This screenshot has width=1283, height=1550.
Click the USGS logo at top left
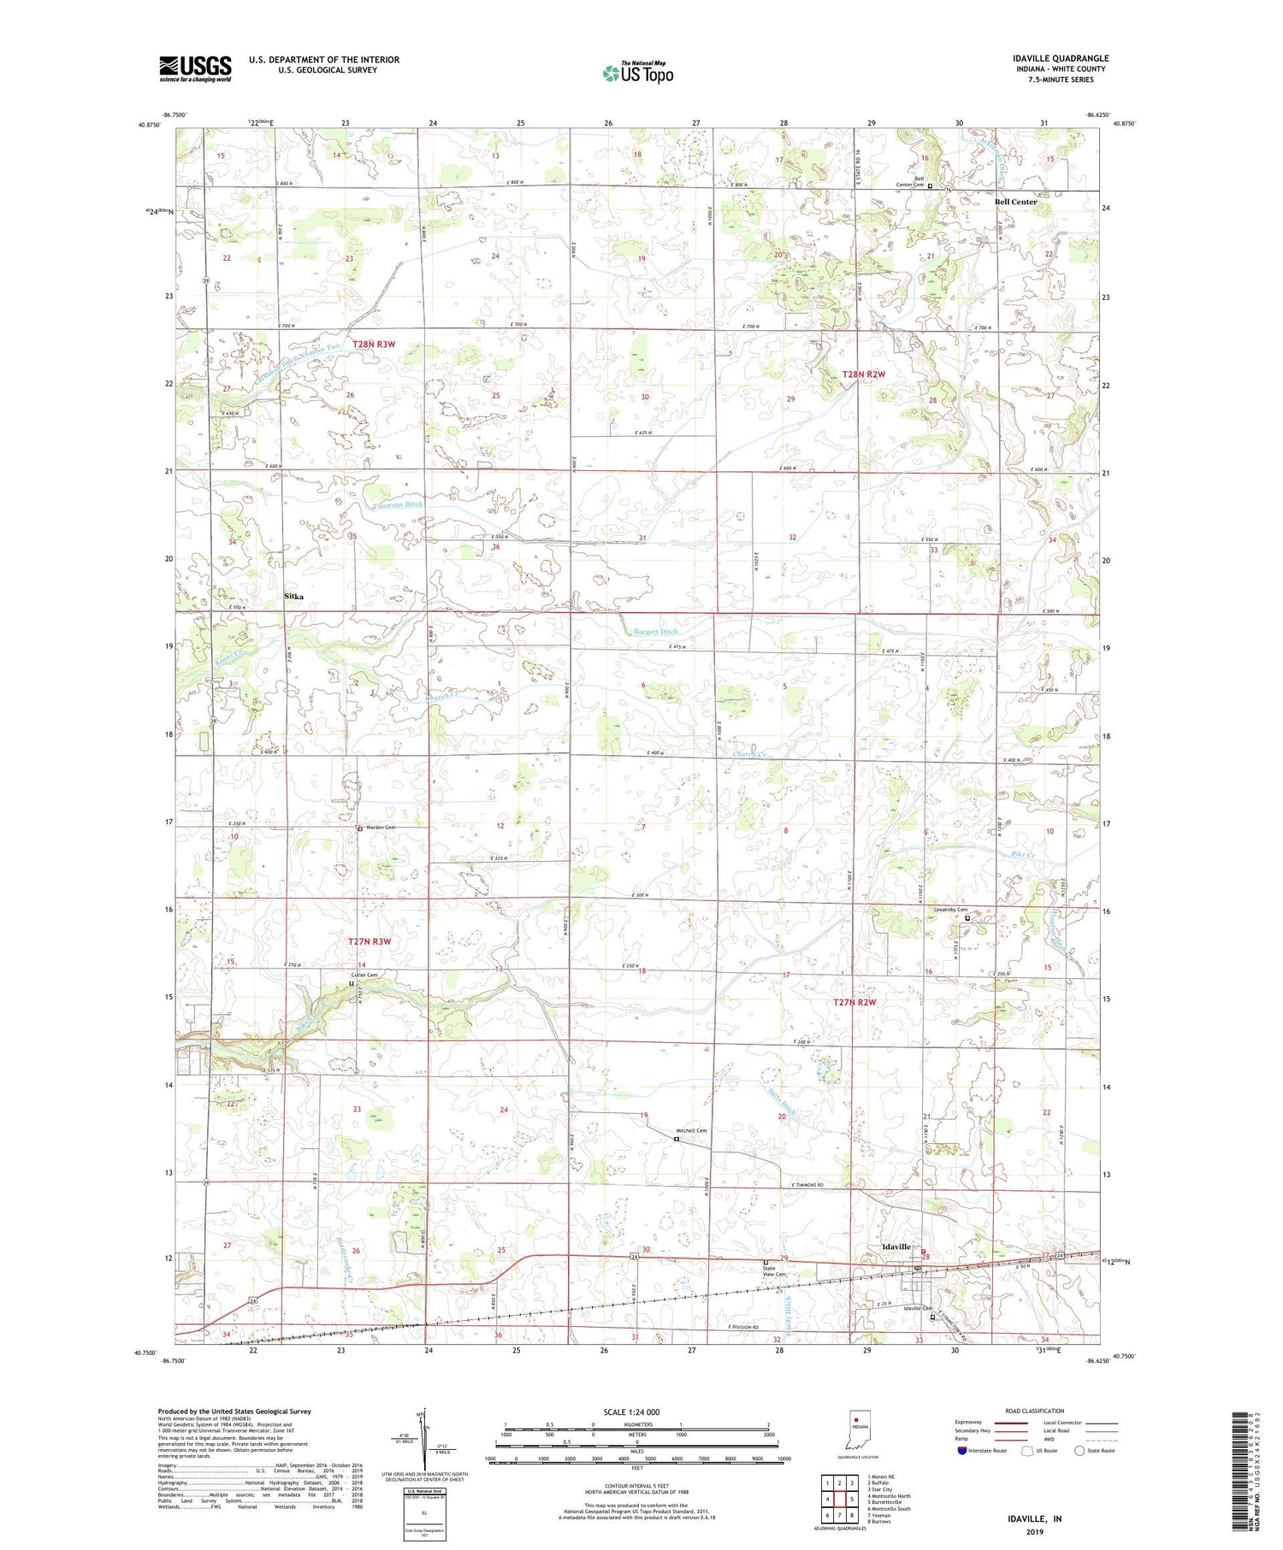(195, 68)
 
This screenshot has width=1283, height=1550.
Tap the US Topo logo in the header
(638, 73)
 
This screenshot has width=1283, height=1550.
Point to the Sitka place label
(293, 597)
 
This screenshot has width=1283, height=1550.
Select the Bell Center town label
(1015, 202)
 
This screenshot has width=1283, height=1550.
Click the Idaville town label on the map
(896, 1246)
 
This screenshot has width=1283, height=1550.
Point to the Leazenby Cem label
(949, 910)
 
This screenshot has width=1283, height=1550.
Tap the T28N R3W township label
(374, 344)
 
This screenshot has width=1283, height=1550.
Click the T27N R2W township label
(855, 1002)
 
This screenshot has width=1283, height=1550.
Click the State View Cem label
(772, 1271)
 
